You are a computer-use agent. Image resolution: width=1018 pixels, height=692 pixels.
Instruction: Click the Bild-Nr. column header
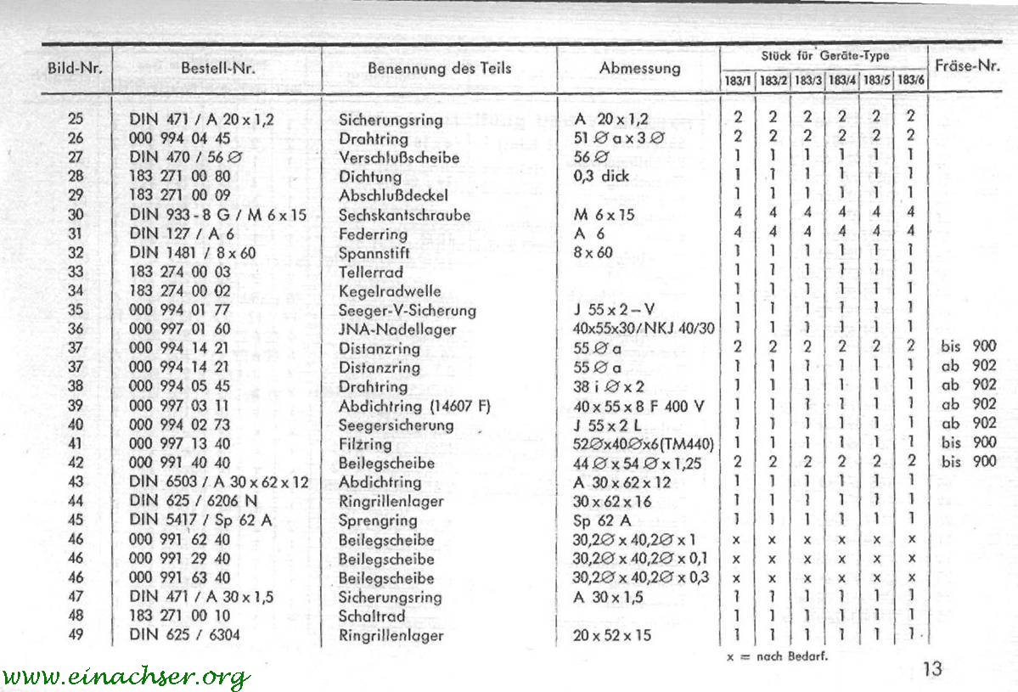tap(76, 68)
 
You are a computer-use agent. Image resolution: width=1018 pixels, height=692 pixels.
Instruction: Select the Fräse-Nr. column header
tap(967, 66)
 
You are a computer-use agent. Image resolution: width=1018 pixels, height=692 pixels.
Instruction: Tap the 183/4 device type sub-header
tap(841, 81)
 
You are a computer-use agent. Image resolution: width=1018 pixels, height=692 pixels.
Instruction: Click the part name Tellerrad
tap(371, 273)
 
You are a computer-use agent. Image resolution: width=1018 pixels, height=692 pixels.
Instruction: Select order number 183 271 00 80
tap(180, 177)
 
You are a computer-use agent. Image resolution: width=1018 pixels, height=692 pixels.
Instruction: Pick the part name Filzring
tap(365, 444)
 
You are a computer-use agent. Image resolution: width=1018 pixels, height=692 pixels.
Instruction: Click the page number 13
tap(931, 669)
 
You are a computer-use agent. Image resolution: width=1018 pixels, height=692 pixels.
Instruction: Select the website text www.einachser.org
tap(126, 677)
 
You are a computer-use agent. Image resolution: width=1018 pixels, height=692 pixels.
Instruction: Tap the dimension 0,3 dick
tap(602, 177)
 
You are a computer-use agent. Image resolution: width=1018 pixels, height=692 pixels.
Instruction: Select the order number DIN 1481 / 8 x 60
tap(194, 253)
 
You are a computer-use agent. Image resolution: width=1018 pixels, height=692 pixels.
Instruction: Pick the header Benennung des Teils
tap(439, 68)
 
